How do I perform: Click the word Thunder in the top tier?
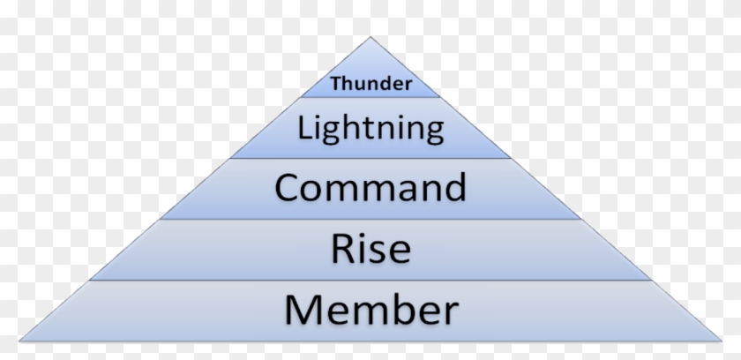[x=371, y=84]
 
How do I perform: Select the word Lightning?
[x=371, y=129]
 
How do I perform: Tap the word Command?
[x=370, y=187]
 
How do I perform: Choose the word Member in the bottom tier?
[x=371, y=309]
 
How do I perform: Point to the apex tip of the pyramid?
[x=370, y=37]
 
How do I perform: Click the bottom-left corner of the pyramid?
[x=19, y=341]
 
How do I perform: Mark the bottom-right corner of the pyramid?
[x=722, y=341]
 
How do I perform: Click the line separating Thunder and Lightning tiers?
[x=370, y=97]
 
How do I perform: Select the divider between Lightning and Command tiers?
[x=370, y=158]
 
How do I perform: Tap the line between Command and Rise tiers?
[x=370, y=219]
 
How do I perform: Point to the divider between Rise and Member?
[x=370, y=281]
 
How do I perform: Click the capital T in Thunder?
[x=336, y=84]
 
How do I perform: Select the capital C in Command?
[x=287, y=188]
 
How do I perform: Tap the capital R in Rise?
[x=343, y=249]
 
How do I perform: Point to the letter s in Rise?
[x=378, y=252]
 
